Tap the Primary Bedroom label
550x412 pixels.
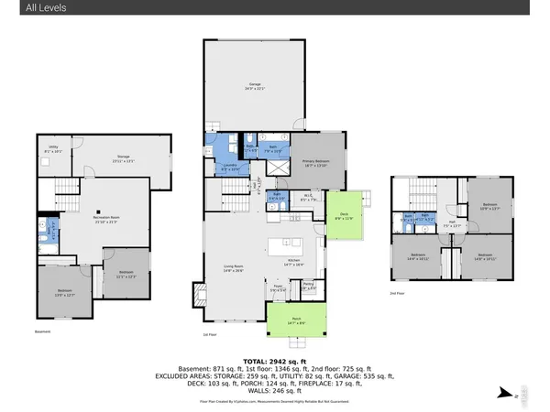[316, 162]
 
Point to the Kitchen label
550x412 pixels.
[294, 262]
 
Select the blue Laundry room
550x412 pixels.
[230, 167]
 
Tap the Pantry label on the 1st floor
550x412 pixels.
[309, 287]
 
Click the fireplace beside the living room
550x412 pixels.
[197, 294]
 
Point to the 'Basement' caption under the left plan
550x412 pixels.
[41, 331]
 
